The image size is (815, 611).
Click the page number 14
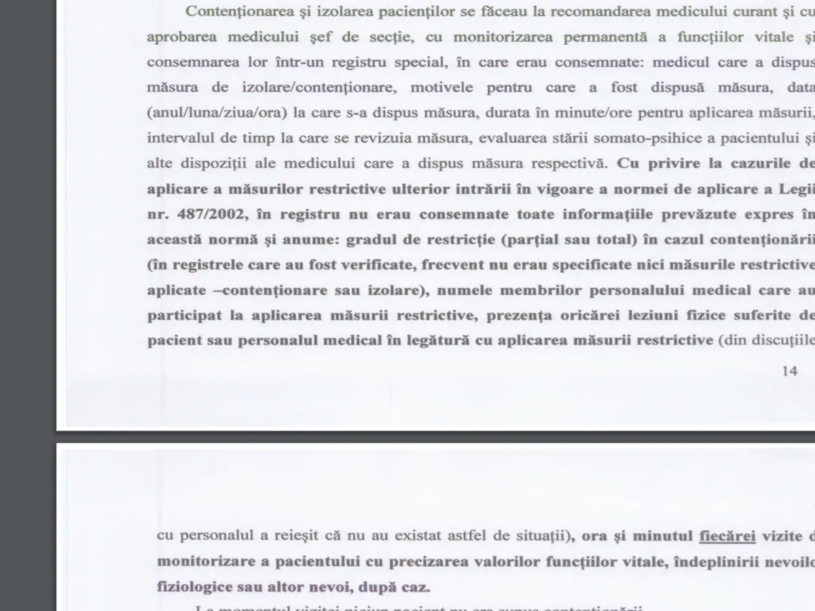tap(790, 371)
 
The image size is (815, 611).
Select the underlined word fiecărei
tap(727, 536)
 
